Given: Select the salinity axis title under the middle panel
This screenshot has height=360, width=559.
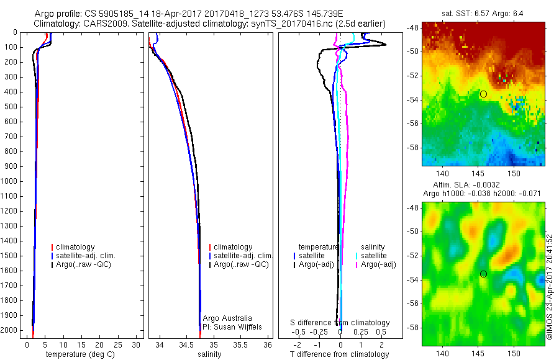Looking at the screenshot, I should pos(209,354).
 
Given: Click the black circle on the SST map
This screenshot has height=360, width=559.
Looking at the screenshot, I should pos(483,94).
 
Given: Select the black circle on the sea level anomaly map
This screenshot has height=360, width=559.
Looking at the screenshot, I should pos(483,274).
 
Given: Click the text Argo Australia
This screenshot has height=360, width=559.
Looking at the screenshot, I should pos(227,318).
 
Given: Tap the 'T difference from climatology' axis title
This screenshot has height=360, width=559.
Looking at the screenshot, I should pos(339,354).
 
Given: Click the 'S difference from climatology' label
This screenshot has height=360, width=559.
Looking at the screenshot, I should pos(340,323).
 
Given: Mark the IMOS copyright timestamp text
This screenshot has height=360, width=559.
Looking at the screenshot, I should pos(549,287).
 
